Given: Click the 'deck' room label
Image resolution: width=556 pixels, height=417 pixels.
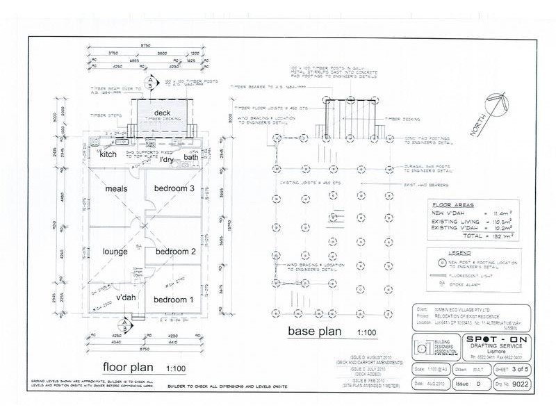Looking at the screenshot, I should point(162,113).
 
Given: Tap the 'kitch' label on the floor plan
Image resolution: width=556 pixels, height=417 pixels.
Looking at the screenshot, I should point(108,155).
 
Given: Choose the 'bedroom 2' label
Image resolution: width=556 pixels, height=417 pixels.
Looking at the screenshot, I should point(174,251).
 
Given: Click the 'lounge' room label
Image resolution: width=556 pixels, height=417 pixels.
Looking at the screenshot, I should point(114,251).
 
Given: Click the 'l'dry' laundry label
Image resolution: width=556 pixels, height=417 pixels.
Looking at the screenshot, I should point(167,161).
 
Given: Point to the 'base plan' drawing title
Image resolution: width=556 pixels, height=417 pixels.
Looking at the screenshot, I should point(314,332).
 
